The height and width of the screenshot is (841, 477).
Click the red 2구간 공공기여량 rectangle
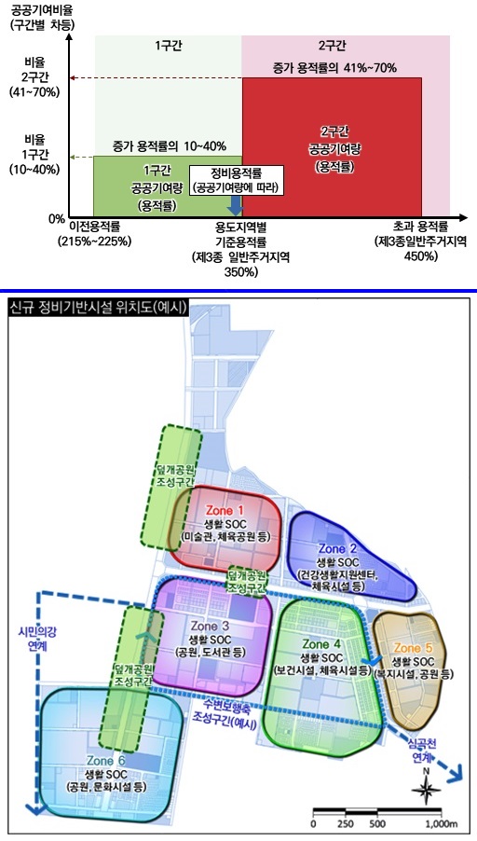pos(332,145)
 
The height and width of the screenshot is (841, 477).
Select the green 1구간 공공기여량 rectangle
pos(168,186)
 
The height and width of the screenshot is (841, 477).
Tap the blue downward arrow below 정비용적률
pos(235,205)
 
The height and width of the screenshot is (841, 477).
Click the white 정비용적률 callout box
pos(236,180)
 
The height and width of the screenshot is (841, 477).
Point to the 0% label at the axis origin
pos(56,219)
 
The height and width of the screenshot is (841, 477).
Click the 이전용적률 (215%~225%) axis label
pos(94,233)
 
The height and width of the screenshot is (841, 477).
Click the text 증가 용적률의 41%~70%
pos(334,68)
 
